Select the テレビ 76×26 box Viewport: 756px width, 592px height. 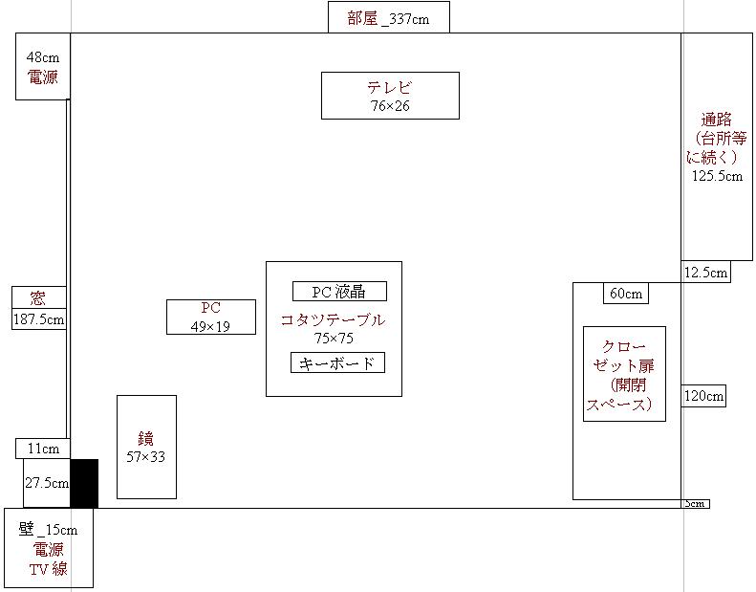pos(390,96)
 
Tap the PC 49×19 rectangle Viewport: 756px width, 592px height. pos(210,317)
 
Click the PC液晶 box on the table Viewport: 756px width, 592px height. pos(339,291)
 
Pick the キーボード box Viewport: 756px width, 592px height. pos(337,362)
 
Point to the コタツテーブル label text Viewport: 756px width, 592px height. pos(334,319)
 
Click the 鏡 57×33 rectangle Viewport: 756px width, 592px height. pos(146,447)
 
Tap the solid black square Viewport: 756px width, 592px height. pos(84,483)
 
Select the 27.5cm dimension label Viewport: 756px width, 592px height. pos(47,483)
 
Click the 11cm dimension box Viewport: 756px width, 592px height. pos(43,449)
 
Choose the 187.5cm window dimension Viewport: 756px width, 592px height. pos(39,318)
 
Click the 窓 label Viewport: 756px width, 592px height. pos(38,297)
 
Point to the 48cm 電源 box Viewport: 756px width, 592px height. pos(43,67)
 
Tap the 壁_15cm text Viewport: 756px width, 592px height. pos(48,530)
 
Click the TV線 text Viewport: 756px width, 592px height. pos(48,569)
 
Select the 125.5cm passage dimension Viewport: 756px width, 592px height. pos(717,176)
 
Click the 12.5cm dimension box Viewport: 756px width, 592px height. pos(706,273)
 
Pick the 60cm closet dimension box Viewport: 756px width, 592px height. pos(626,294)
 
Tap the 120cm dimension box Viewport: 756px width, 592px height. pos(703,396)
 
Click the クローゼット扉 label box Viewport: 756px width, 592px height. pos(624,374)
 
